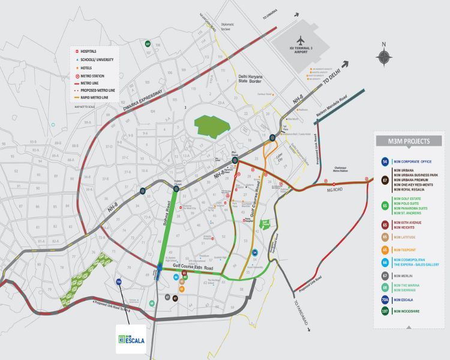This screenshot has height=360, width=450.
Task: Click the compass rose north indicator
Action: click(x=384, y=56)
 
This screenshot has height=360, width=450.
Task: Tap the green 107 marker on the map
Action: click(x=147, y=44)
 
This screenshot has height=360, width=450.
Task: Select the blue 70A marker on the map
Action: click(x=119, y=282)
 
